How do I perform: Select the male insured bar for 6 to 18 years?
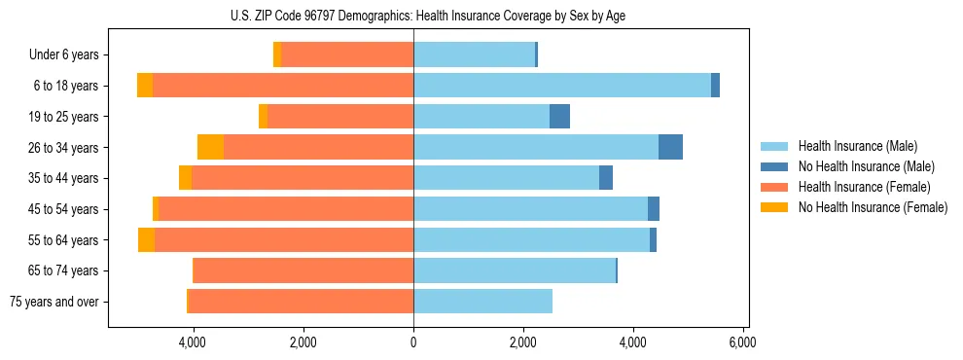point(562,86)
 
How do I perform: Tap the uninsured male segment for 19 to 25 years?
point(559,117)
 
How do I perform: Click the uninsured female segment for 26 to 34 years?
point(210,147)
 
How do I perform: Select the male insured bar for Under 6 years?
point(474,54)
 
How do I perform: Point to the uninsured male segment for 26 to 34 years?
point(670,147)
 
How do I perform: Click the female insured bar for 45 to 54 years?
point(286,209)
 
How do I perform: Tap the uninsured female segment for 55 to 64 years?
point(146,240)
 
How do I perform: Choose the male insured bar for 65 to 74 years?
point(515,270)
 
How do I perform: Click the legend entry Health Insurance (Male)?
point(857,146)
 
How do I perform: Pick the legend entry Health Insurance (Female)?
point(863,187)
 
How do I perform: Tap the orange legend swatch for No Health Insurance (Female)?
point(774,207)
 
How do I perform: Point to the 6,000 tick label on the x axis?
point(743,342)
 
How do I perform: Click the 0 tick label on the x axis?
point(413,342)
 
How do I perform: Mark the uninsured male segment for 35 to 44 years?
point(606,178)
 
